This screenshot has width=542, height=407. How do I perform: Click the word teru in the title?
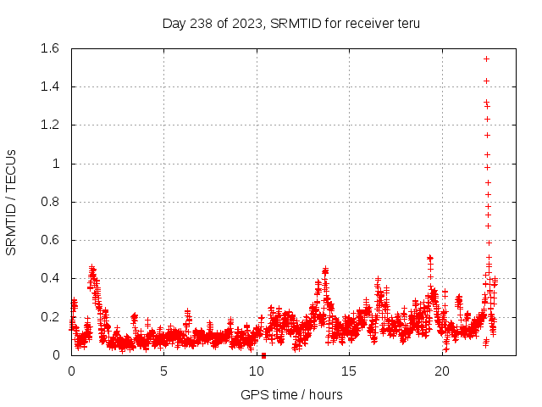[406, 24]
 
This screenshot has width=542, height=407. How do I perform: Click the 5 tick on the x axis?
[164, 371]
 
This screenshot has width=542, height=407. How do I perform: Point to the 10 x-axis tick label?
[257, 371]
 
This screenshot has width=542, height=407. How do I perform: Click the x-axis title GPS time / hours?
[291, 394]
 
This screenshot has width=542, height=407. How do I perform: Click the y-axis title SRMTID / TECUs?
[12, 202]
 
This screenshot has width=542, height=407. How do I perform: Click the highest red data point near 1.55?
[486, 59]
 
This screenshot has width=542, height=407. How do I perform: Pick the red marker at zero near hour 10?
[264, 355]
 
